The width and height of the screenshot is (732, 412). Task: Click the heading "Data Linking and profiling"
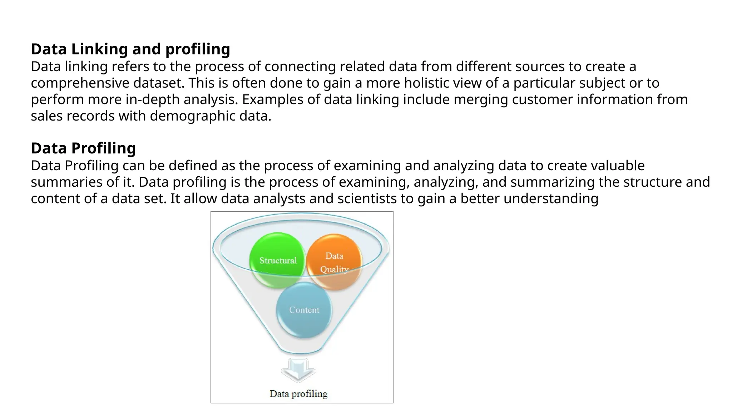(x=130, y=49)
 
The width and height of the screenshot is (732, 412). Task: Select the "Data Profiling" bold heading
(x=83, y=148)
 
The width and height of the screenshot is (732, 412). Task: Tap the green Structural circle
(x=278, y=260)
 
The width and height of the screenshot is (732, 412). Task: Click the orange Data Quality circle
(x=334, y=262)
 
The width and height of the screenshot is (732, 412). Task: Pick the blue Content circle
(x=304, y=310)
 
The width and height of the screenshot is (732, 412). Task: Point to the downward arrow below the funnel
(x=298, y=370)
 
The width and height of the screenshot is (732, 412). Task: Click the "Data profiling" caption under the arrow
(x=298, y=394)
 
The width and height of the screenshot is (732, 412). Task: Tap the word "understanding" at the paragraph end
(x=551, y=198)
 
